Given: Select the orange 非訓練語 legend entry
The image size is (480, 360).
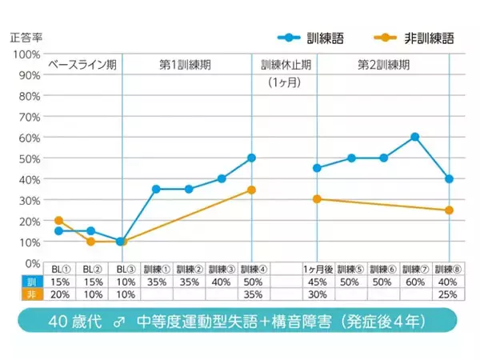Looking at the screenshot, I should pos(408,38).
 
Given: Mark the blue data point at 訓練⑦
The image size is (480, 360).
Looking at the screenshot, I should pos(415,137).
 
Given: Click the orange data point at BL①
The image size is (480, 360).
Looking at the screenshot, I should pos(58,220).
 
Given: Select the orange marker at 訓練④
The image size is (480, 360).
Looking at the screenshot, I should pos(251,190).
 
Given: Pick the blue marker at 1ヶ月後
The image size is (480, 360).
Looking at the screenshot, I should pos(318,168).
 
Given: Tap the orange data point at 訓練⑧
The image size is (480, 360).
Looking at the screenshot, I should pos(449,210).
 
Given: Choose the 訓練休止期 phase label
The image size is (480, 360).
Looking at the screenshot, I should pos(286,65).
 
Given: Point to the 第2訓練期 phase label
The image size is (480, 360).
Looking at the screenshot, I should pos(384,65).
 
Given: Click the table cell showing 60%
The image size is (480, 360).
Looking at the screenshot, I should pos(415,282).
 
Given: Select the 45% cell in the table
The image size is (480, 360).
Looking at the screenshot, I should pos(318,282).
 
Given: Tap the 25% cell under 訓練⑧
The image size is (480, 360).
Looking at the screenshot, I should pos(449,294).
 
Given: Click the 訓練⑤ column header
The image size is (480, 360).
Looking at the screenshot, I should pos(350,270).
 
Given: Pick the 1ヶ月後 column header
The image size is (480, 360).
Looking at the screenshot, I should pos(318,270).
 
